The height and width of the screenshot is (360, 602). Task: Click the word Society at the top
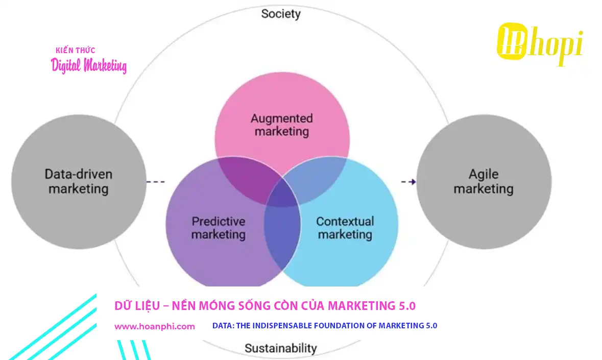pyautogui.click(x=281, y=14)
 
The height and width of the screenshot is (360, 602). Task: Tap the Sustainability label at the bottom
pyautogui.click(x=280, y=348)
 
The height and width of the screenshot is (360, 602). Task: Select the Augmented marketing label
pyautogui.click(x=282, y=125)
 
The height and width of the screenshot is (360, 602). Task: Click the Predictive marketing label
pyautogui.click(x=219, y=228)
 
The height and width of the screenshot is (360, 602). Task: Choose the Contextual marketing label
pyautogui.click(x=345, y=228)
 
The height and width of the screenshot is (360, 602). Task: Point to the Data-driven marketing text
pyautogui.click(x=78, y=181)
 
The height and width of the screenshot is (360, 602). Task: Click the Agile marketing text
pyautogui.click(x=483, y=181)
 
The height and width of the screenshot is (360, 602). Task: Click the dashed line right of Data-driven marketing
pyautogui.click(x=155, y=182)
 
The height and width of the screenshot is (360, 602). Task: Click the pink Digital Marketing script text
pyautogui.click(x=89, y=66)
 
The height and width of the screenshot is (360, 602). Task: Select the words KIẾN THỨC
pyautogui.click(x=75, y=50)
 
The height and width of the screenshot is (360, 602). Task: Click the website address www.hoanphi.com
pyautogui.click(x=154, y=326)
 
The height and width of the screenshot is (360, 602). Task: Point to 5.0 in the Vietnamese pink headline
pyautogui.click(x=406, y=306)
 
